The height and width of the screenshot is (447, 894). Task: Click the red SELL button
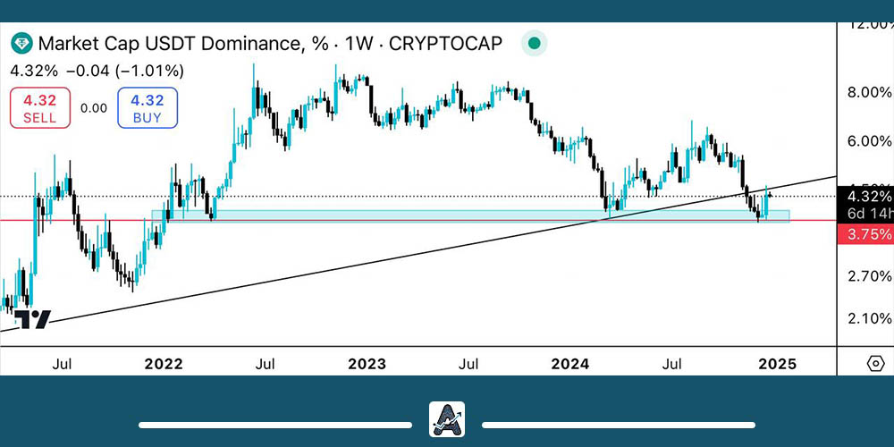pos(39,108)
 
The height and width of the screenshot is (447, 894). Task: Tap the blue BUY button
pos(147,108)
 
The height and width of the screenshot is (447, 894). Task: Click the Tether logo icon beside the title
pos(21,43)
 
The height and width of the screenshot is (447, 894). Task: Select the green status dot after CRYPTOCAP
pos(534,43)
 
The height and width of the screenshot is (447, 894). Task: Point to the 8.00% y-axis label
pos(869,92)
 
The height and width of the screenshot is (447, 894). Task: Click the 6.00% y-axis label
pos(869,140)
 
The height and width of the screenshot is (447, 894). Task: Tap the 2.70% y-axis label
pos(869,277)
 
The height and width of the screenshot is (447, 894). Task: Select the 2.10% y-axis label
pos(869,318)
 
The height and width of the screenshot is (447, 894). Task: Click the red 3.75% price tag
pos(866,234)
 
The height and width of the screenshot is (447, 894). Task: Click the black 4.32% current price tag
pos(866,197)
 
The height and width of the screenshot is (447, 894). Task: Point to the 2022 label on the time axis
pos(163,364)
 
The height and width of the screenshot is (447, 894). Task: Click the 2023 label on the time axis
pos(367,364)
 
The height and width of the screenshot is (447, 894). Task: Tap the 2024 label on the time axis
pos(570,364)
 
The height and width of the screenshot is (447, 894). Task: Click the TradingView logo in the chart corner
pos(38,319)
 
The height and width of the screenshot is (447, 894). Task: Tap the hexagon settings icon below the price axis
pos(876,364)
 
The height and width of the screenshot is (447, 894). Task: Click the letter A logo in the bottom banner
pos(447,419)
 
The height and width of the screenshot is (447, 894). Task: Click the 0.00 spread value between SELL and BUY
pos(93,108)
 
